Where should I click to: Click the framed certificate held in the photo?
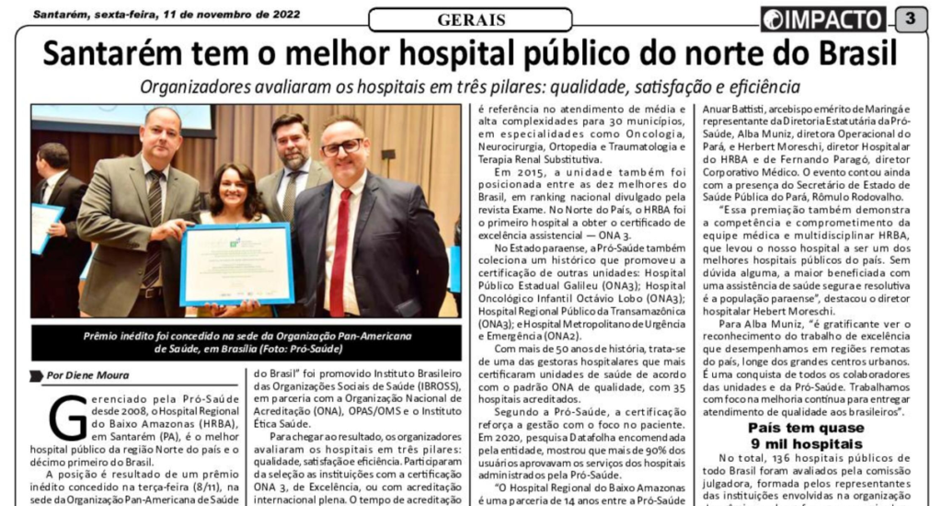[x=236, y=265]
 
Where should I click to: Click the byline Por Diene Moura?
[x=89, y=374]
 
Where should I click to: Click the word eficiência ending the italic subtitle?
[x=760, y=87]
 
